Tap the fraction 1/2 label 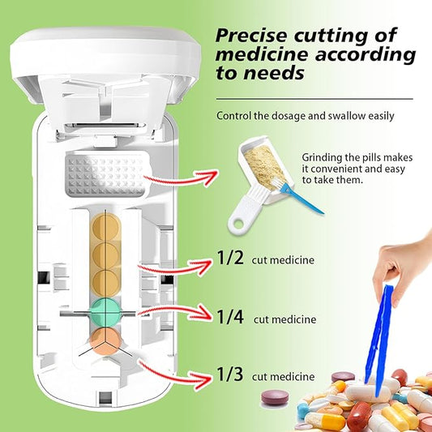click(x=230, y=259)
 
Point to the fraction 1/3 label click(x=230, y=374)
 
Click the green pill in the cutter click(x=106, y=310)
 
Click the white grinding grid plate click(x=106, y=172)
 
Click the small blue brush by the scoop click(x=301, y=195)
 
